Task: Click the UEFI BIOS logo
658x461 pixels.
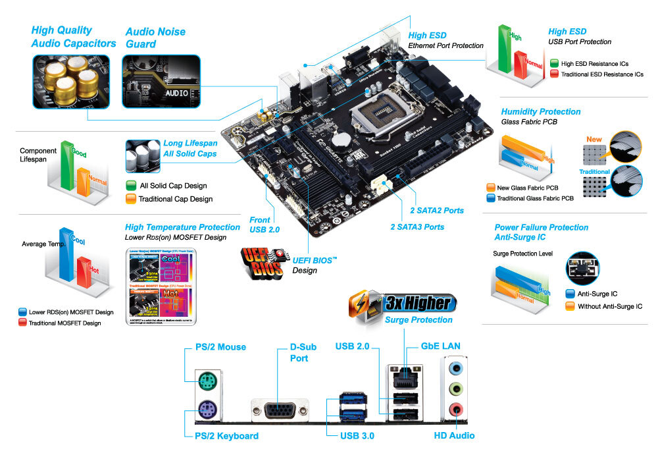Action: coord(265,261)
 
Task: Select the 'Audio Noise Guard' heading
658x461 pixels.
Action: coord(155,38)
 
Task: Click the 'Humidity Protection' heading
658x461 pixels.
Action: coord(540,112)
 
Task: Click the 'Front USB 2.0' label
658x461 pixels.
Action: coord(266,225)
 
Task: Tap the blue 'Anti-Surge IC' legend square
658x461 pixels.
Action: coord(570,294)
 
